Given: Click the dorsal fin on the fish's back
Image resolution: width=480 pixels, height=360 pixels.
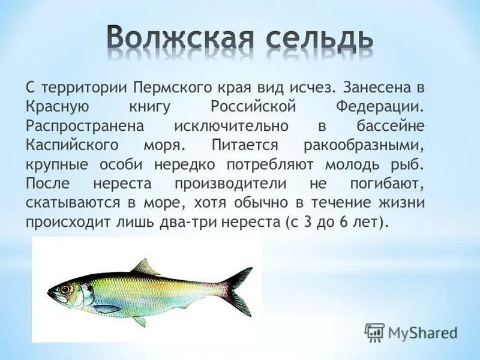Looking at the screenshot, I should (145, 267).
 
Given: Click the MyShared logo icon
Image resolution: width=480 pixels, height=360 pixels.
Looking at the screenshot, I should (374, 332).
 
